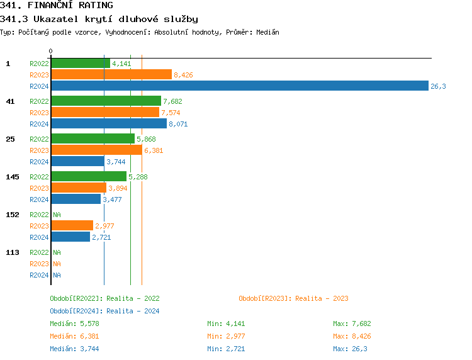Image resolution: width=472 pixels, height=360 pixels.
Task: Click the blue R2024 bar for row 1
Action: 239,86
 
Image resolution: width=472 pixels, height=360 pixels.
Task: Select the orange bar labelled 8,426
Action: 111,75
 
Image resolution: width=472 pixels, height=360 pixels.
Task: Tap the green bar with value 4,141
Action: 81,64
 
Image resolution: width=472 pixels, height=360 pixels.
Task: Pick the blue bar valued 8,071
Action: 109,124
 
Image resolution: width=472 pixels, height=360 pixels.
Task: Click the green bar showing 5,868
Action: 93,139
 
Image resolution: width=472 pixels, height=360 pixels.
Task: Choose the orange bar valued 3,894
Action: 79,188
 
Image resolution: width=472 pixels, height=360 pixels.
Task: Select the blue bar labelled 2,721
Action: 70,237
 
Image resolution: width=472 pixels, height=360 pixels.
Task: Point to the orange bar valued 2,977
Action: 72,226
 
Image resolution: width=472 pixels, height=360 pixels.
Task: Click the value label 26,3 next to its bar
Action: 438,86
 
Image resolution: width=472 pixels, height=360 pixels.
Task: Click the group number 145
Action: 13,177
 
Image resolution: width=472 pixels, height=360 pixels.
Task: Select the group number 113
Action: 13,252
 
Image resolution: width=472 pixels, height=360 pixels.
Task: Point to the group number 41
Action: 10,101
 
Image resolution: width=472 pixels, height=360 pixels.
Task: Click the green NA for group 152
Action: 57,215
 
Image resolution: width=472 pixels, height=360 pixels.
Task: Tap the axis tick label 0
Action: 51,51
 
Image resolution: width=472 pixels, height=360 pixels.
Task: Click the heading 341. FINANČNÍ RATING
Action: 57,6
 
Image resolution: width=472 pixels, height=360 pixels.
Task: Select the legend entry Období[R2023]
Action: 293,298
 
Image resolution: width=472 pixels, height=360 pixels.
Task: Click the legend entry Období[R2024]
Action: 104,311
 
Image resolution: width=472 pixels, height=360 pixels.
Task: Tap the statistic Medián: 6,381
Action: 74,336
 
